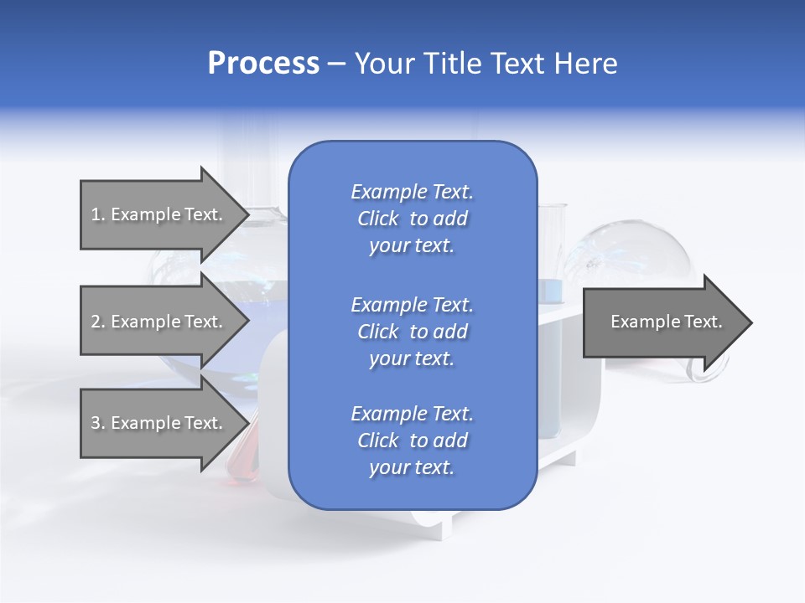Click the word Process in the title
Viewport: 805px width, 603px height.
pos(263,64)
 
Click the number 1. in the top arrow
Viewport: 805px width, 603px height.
pos(97,214)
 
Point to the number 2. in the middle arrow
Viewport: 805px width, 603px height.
pos(97,322)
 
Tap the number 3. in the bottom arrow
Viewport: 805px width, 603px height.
pos(97,423)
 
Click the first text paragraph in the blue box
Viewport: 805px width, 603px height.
pos(412,219)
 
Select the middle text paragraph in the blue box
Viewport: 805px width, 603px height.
pos(412,332)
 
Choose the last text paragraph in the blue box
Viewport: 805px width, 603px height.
pos(412,441)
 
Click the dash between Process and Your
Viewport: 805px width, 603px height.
pos(336,64)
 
